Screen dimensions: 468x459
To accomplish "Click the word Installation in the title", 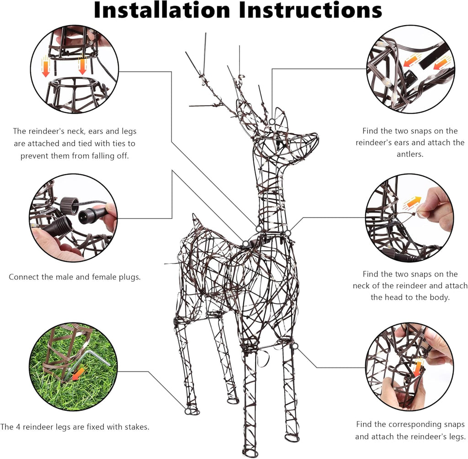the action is (161, 10).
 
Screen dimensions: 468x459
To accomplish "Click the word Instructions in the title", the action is (310, 10).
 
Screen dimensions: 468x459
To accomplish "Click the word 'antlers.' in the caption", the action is (410, 154).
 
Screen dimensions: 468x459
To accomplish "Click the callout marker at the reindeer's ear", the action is (271, 122).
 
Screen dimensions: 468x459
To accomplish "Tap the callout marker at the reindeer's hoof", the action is (187, 411).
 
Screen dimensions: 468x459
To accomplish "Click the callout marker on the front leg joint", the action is (295, 347).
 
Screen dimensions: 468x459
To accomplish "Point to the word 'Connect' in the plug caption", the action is (24, 277).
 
